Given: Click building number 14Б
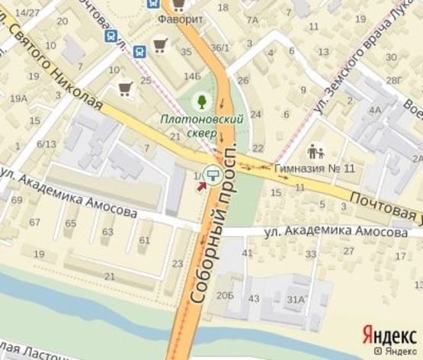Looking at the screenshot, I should click(x=192, y=76).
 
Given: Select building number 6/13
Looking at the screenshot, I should click(x=46, y=143).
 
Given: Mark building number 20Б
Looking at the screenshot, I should click(x=225, y=294).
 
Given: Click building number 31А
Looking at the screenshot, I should click(x=296, y=298).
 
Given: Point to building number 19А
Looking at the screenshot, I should click(x=18, y=98).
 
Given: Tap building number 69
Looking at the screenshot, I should click(x=16, y=201).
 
